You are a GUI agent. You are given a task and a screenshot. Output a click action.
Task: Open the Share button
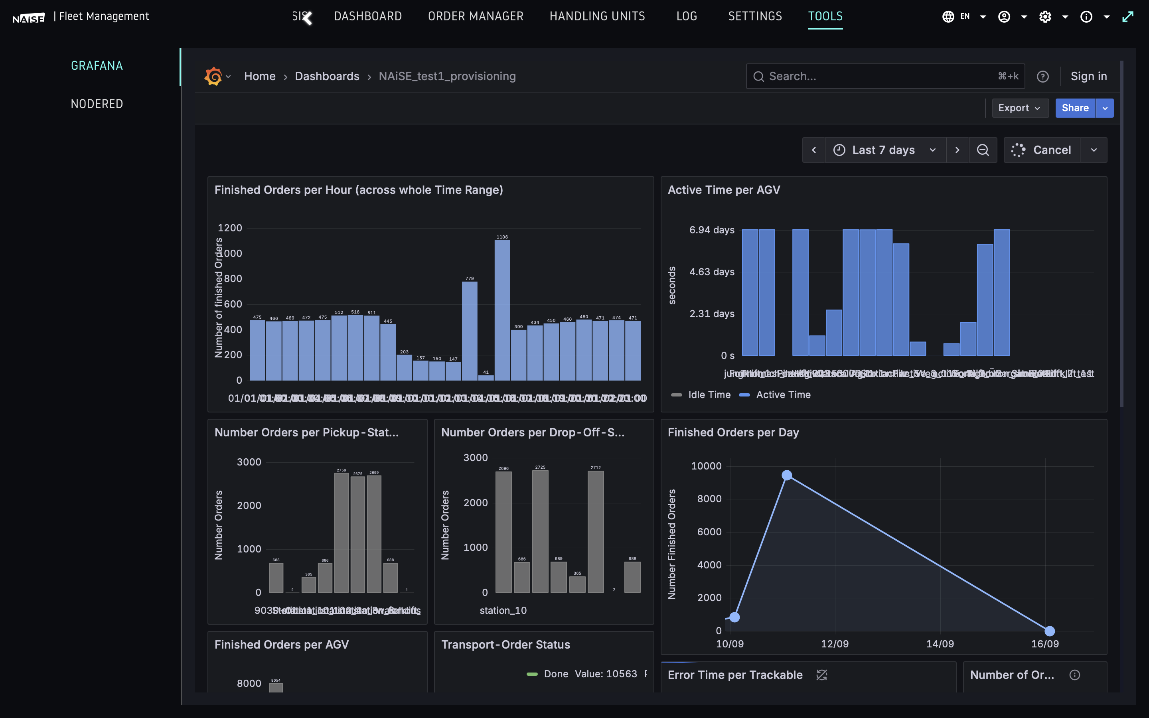(1074, 108)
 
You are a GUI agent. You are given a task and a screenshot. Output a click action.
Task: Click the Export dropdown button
(1019, 108)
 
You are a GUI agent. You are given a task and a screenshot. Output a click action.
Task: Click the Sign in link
(1088, 77)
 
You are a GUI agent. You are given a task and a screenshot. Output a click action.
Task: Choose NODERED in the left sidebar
(97, 104)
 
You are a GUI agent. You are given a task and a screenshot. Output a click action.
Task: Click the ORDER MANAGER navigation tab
(475, 16)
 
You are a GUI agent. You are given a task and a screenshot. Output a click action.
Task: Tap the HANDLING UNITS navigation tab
(597, 16)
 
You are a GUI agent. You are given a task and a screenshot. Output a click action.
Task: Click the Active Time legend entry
(782, 395)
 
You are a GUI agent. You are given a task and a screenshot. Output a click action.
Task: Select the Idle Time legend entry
(709, 395)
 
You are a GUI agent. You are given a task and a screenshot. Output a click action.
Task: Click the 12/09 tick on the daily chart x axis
(835, 644)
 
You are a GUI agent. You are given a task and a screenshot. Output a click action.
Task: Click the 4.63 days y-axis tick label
(711, 272)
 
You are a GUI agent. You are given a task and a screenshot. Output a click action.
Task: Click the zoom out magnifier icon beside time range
(982, 150)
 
